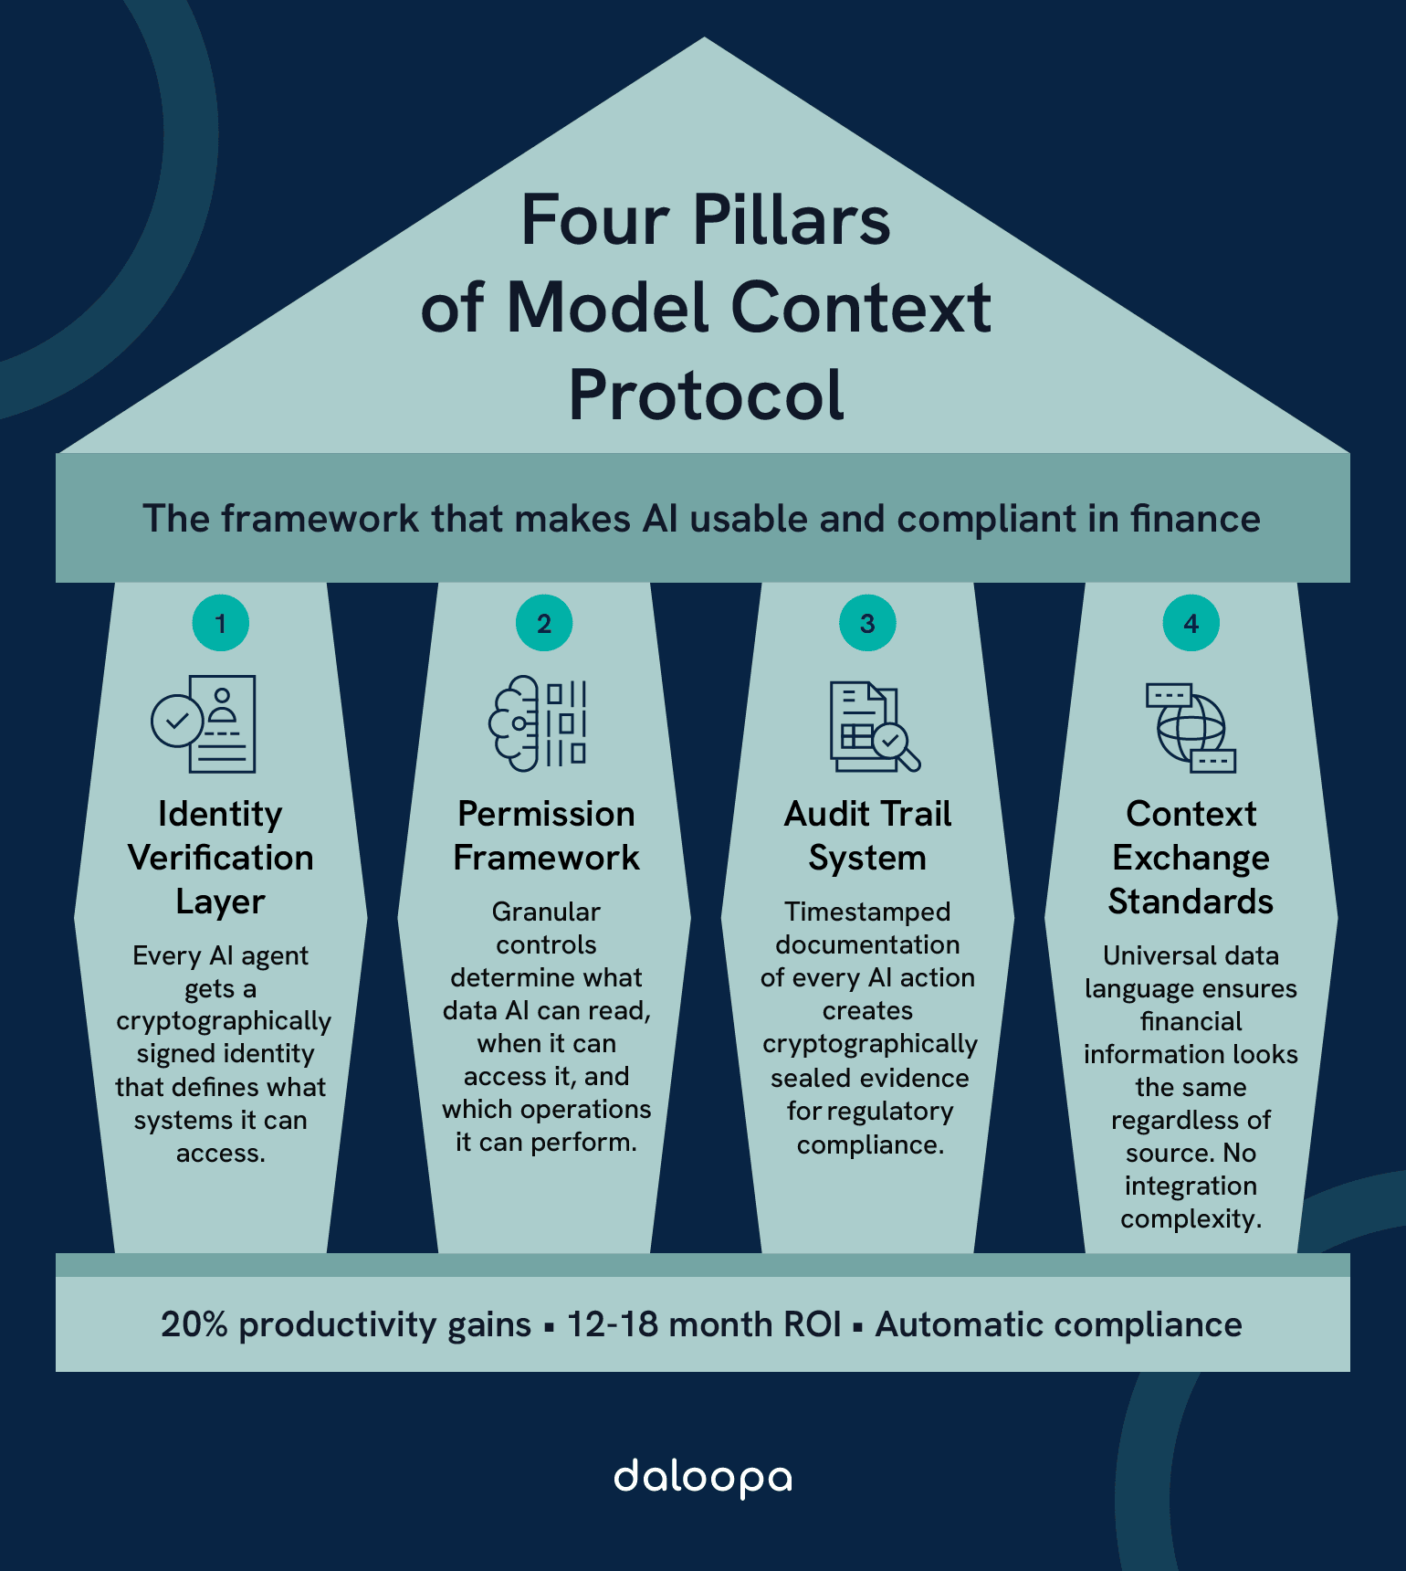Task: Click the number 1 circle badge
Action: pos(220,624)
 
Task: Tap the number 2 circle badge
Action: pos(544,624)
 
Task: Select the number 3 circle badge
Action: pos(867,624)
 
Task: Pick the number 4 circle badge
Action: pos(1191,624)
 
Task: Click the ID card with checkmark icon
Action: pos(205,723)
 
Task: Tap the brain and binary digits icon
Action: pos(539,723)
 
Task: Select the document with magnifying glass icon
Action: pos(873,727)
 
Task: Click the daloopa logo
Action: pos(703,1478)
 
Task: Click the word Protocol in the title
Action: pos(706,395)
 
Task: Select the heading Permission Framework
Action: pos(546,836)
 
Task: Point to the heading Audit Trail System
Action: pos(867,836)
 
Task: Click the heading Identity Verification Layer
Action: pos(220,858)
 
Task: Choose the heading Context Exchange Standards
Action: pos(1191,858)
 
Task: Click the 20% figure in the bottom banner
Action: pos(194,1324)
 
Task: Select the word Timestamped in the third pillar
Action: pos(867,912)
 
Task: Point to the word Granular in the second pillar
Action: pos(546,912)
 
